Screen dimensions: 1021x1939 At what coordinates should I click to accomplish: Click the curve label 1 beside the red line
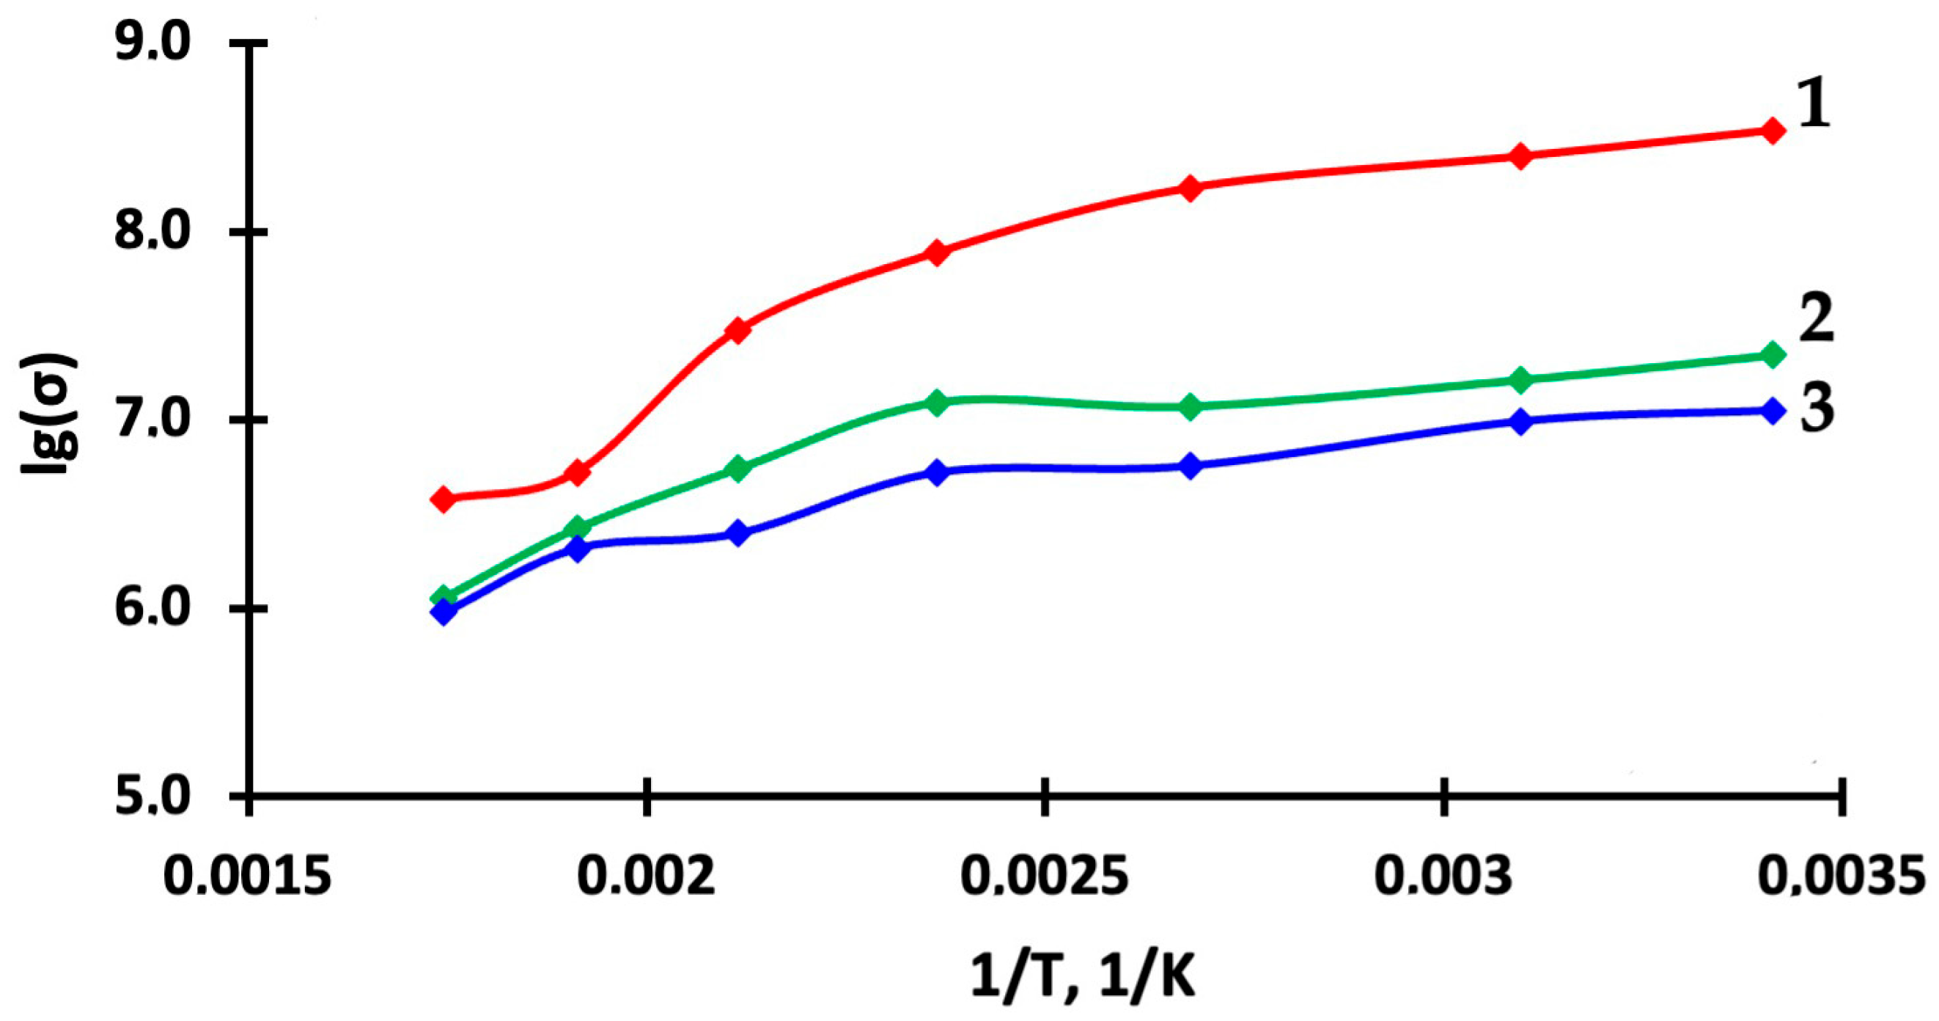pos(1814,105)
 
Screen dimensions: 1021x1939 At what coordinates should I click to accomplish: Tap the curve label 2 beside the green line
pos(1816,319)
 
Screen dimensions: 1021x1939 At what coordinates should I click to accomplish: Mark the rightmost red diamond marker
pos(1773,131)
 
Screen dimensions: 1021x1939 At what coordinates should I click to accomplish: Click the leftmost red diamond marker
pos(444,499)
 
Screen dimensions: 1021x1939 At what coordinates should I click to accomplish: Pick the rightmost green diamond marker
pos(1773,355)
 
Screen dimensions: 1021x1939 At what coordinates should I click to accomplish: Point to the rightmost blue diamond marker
pos(1773,411)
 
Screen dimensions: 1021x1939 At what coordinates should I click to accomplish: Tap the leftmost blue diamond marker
pos(444,612)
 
